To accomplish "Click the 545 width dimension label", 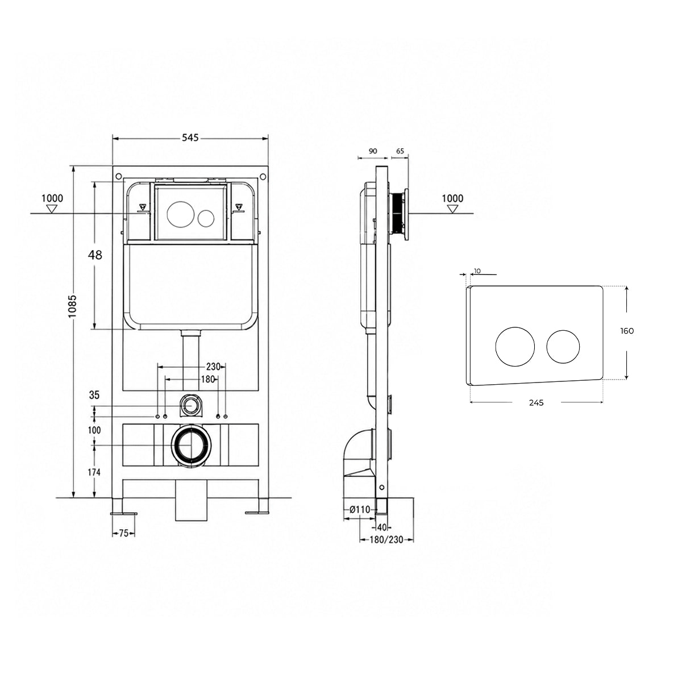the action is pyautogui.click(x=190, y=138).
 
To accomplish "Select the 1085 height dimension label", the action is pyautogui.click(x=72, y=306).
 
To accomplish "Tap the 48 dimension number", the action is pyautogui.click(x=95, y=255).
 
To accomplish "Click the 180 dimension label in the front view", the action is pyautogui.click(x=208, y=379).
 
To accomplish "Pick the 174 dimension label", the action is pyautogui.click(x=94, y=472).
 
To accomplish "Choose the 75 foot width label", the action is pyautogui.click(x=123, y=533).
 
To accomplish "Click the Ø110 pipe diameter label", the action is pyautogui.click(x=360, y=509).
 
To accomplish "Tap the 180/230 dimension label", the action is pyautogui.click(x=386, y=540).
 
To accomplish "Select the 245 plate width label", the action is pyautogui.click(x=536, y=402).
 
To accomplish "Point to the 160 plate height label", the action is pyautogui.click(x=627, y=331).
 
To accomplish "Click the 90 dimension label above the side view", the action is pyautogui.click(x=373, y=151).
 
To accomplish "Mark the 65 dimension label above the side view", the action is pyautogui.click(x=400, y=151).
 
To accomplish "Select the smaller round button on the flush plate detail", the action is pyautogui.click(x=563, y=347).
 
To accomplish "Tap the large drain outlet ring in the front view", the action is pyautogui.click(x=192, y=445).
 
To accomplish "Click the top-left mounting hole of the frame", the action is pyautogui.click(x=119, y=176).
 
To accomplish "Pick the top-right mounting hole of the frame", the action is pyautogui.click(x=262, y=176).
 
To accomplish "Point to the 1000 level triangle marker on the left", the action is pyautogui.click(x=52, y=209).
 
